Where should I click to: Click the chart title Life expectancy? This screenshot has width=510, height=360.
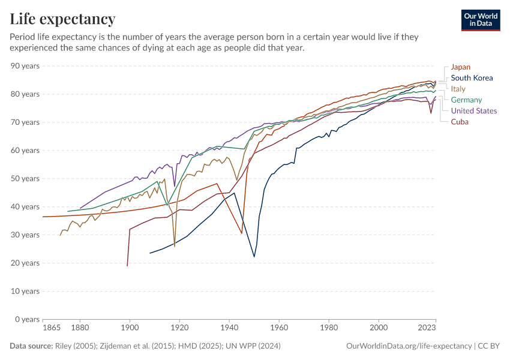(62, 19)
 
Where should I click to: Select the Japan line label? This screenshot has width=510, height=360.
(461, 67)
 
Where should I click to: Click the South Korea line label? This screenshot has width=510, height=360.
(472, 78)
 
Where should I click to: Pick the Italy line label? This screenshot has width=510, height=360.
(458, 89)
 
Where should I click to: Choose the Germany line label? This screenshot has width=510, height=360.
(466, 100)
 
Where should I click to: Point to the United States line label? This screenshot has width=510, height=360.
(474, 110)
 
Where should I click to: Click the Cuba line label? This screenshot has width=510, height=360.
(460, 122)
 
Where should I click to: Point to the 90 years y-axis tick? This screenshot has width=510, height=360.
(25, 66)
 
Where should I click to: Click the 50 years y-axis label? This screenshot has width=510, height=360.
(25, 179)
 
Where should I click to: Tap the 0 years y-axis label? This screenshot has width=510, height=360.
(27, 319)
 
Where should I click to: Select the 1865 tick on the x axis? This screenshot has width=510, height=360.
(52, 328)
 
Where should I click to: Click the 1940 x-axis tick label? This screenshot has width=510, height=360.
(229, 328)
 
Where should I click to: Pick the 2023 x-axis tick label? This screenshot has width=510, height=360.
(426, 328)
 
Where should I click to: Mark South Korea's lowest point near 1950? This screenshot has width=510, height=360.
(254, 257)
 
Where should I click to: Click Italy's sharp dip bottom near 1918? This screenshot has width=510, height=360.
(175, 246)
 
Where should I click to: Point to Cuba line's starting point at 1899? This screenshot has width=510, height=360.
(127, 265)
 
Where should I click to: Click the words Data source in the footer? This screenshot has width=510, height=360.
(30, 346)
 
